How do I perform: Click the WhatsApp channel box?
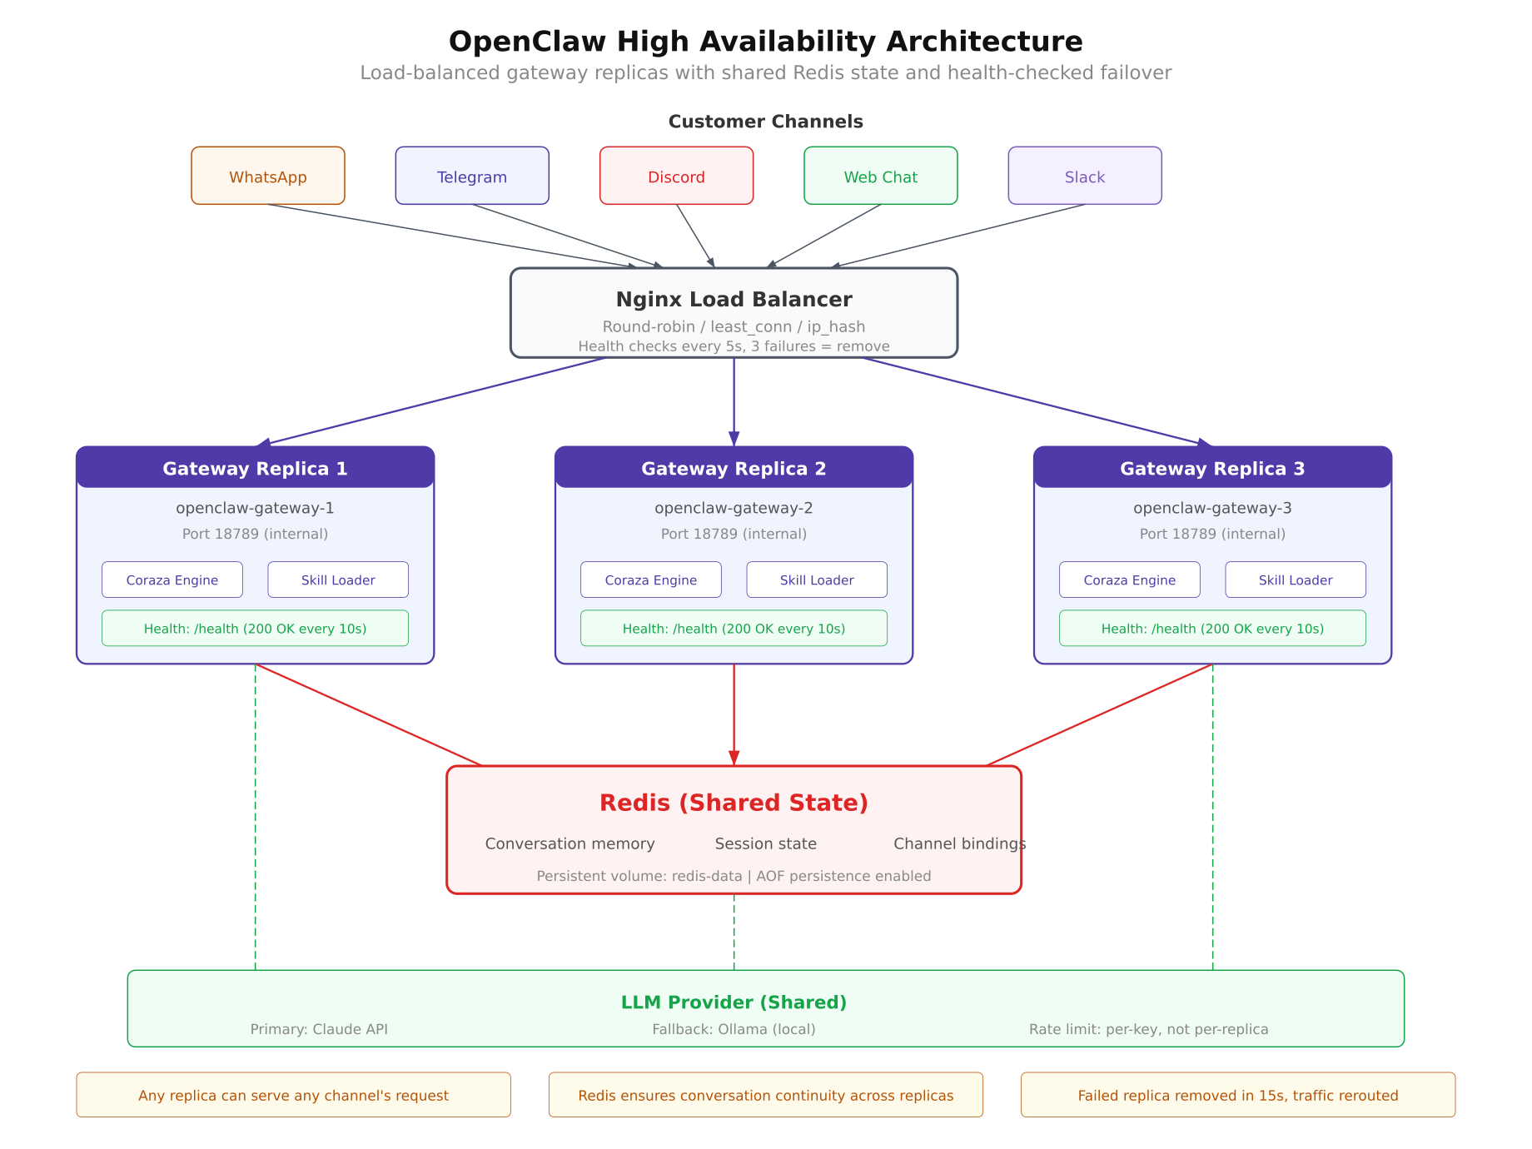tap(267, 176)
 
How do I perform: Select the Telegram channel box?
tap(472, 176)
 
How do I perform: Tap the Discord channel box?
tap(676, 176)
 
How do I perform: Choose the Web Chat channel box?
tap(880, 176)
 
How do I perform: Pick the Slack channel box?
tap(1084, 176)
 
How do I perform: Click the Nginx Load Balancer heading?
tap(734, 300)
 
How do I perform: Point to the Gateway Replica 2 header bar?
tap(734, 468)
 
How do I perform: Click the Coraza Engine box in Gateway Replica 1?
tap(172, 579)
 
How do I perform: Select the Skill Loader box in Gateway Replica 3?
tap(1295, 579)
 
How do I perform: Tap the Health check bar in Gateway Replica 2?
tap(734, 629)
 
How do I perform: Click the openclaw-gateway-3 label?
tap(1211, 508)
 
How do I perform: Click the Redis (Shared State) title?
tap(734, 803)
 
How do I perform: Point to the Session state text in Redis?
tap(765, 843)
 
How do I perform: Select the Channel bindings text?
tap(958, 843)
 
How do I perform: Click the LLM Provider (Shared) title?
tap(734, 1002)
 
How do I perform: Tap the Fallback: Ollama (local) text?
tap(734, 1029)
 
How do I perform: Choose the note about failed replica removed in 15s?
tap(1237, 1095)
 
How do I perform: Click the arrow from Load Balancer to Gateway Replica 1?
tap(433, 402)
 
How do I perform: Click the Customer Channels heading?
tap(765, 122)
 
